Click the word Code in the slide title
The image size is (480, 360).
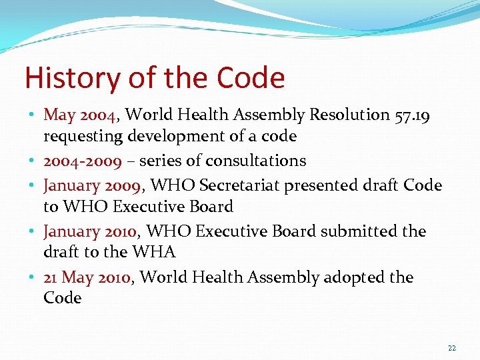click(x=251, y=78)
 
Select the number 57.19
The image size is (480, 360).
click(x=412, y=115)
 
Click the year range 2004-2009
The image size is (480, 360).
click(x=83, y=161)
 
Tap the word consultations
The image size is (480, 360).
click(x=256, y=161)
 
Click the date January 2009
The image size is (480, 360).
click(x=91, y=185)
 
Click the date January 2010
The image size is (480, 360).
click(x=90, y=231)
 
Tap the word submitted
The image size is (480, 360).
click(x=359, y=231)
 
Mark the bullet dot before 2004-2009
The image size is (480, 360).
click(x=33, y=161)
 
